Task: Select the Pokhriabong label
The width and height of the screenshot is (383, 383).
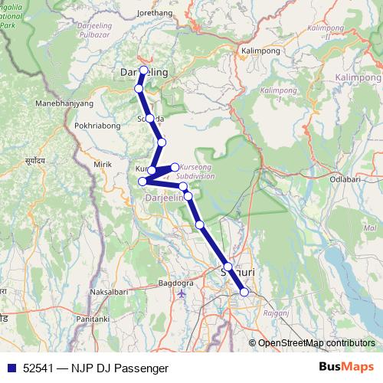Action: pyautogui.click(x=99, y=125)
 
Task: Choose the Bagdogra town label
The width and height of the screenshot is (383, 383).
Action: pyautogui.click(x=175, y=283)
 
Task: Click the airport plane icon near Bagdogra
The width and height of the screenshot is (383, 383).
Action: pyautogui.click(x=181, y=293)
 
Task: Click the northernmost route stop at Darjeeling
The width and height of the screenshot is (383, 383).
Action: pyautogui.click(x=143, y=70)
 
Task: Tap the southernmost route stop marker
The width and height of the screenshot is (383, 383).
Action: pyautogui.click(x=244, y=292)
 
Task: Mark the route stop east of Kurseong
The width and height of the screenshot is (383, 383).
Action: pyautogui.click(x=175, y=166)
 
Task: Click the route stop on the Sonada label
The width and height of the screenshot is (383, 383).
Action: pyautogui.click(x=150, y=119)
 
